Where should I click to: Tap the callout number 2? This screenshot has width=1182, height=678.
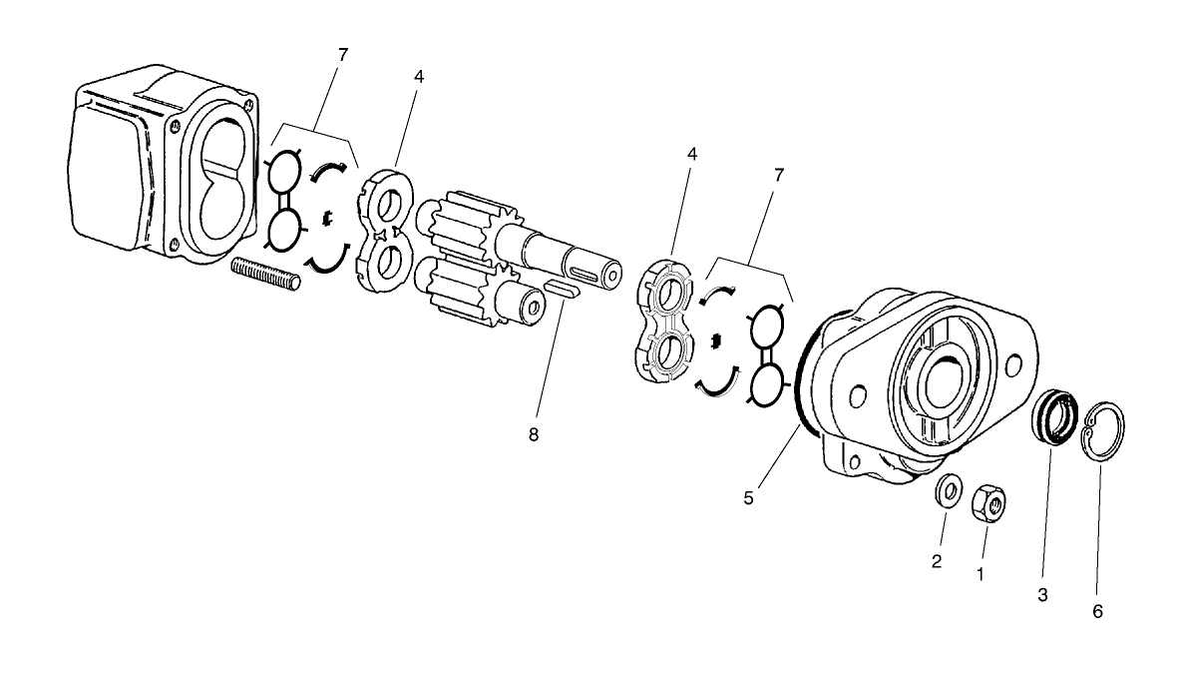tap(937, 561)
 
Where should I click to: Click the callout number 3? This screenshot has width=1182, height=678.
tap(1042, 595)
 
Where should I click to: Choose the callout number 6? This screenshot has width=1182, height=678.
tap(1097, 611)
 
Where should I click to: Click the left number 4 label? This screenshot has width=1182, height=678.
tap(419, 77)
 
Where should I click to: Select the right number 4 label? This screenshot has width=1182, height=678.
tap(691, 155)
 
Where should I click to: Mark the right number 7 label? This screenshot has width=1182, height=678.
tap(778, 175)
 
